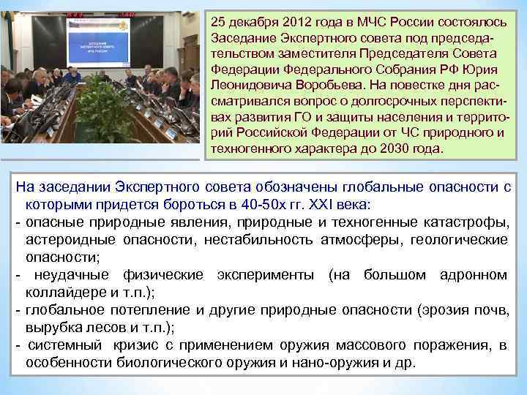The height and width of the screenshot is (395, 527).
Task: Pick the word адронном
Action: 474,275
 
